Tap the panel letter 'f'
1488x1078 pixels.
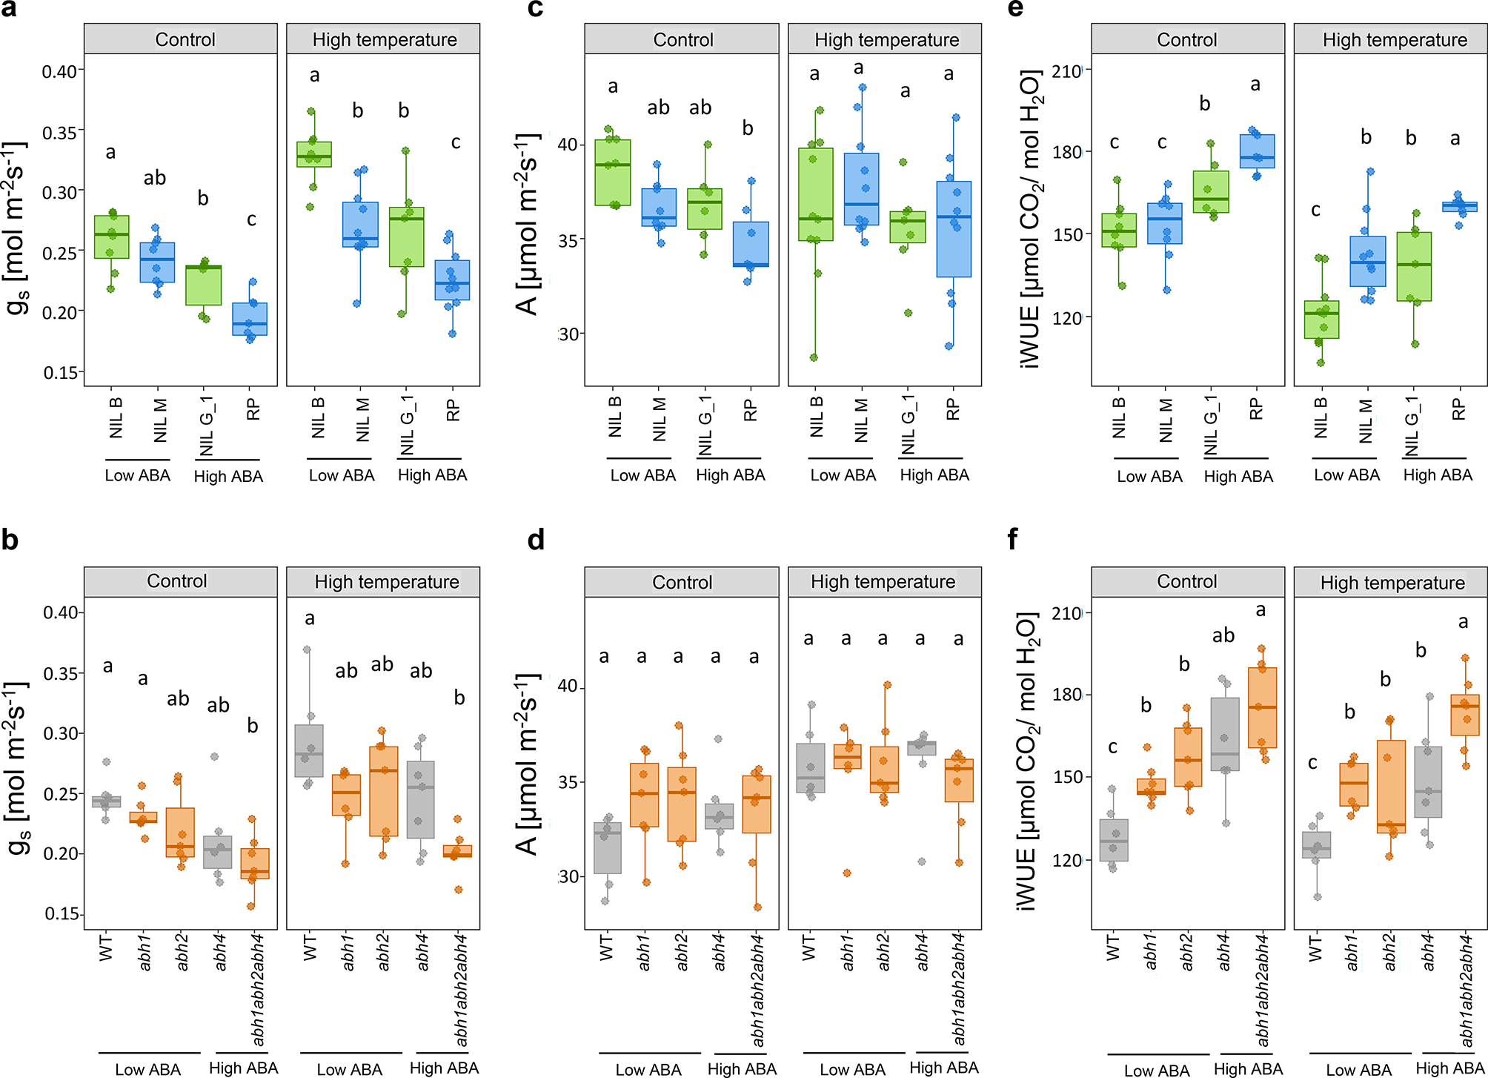click(x=1013, y=540)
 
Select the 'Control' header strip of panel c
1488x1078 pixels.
click(x=682, y=39)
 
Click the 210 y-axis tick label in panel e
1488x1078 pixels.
click(x=1067, y=72)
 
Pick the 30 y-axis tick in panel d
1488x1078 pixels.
click(x=569, y=876)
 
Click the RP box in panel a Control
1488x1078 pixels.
click(x=250, y=319)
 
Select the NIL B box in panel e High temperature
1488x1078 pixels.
click(x=1322, y=320)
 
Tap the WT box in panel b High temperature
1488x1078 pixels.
click(x=309, y=750)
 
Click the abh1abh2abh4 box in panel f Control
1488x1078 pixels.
click(x=1263, y=707)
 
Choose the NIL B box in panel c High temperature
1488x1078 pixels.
click(x=815, y=194)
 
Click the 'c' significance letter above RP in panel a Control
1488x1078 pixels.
click(x=252, y=219)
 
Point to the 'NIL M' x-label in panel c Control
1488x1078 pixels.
click(x=659, y=420)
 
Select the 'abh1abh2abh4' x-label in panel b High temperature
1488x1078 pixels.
click(x=461, y=991)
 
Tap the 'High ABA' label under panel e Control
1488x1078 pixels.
click(x=1238, y=476)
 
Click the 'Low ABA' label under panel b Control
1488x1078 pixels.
click(x=147, y=1069)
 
